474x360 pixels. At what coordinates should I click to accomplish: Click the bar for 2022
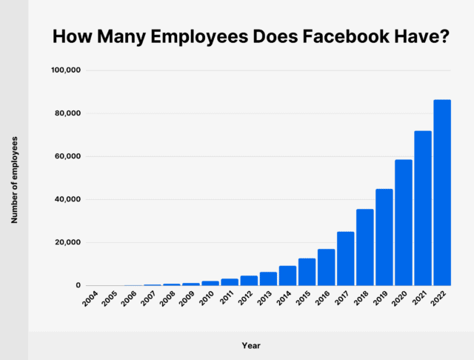click(x=442, y=193)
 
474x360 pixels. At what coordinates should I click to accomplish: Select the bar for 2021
click(x=423, y=208)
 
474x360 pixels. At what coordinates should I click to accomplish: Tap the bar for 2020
click(x=404, y=222)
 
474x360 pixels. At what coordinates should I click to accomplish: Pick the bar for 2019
click(x=384, y=237)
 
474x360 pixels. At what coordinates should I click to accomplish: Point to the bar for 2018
click(x=365, y=247)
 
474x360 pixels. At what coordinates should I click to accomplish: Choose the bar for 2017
click(x=345, y=259)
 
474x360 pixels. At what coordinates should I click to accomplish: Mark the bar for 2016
click(x=326, y=267)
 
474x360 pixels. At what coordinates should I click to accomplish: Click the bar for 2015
click(x=307, y=272)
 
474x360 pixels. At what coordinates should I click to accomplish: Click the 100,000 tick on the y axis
click(x=65, y=70)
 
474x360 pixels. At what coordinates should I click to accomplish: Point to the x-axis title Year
click(x=251, y=345)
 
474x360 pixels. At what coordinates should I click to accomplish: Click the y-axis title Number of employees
click(x=14, y=180)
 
